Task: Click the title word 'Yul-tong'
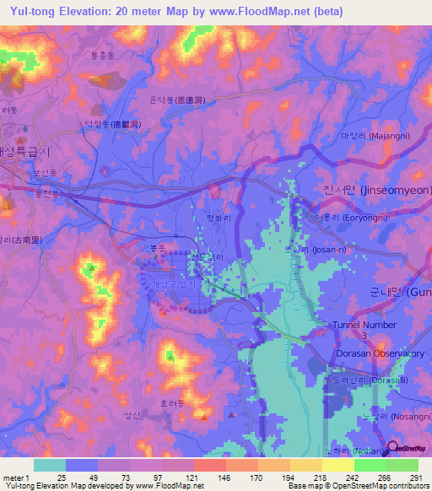[36, 12]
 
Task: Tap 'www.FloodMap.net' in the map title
[285, 12]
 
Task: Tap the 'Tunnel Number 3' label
[365, 329]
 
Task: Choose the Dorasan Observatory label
[379, 353]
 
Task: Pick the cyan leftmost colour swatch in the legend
[49, 465]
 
